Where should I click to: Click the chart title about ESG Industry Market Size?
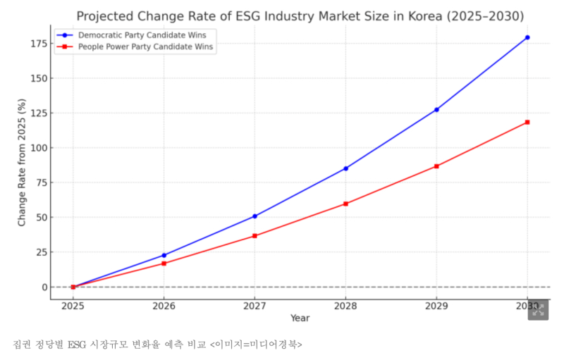(x=300, y=15)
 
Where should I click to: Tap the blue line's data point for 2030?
(x=527, y=37)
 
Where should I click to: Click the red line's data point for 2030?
(x=527, y=123)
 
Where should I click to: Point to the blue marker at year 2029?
(x=436, y=110)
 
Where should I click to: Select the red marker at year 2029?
(x=436, y=166)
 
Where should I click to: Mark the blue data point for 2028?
(x=345, y=168)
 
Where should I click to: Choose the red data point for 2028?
(x=345, y=204)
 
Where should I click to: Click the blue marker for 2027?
(x=255, y=216)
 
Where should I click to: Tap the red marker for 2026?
(x=164, y=263)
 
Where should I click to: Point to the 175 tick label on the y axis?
(x=38, y=44)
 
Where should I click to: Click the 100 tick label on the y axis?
(x=38, y=148)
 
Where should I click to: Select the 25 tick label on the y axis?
(x=41, y=252)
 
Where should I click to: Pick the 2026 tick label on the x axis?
(x=164, y=306)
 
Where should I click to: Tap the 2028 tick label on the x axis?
(x=345, y=306)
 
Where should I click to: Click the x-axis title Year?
(x=300, y=318)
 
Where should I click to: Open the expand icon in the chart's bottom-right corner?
(x=538, y=310)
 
